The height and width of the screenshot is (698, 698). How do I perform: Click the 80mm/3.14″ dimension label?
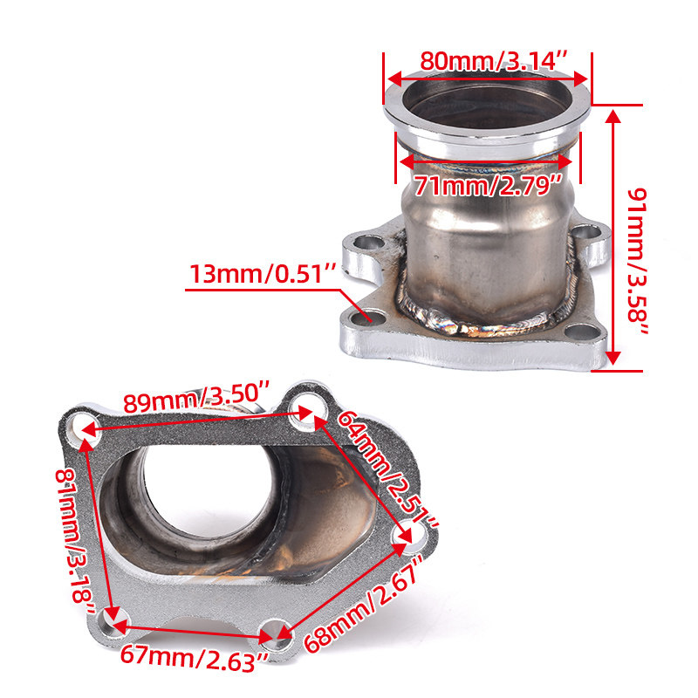tap(494, 60)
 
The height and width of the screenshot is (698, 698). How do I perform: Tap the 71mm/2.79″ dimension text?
tap(489, 186)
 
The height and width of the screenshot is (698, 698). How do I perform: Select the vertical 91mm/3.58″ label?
tap(638, 261)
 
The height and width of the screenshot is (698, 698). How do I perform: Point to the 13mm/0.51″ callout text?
tap(263, 273)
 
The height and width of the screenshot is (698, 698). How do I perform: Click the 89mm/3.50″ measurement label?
tap(196, 397)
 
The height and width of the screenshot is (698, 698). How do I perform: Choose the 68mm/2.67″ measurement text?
tap(362, 604)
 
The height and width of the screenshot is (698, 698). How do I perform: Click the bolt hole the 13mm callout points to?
tap(368, 318)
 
